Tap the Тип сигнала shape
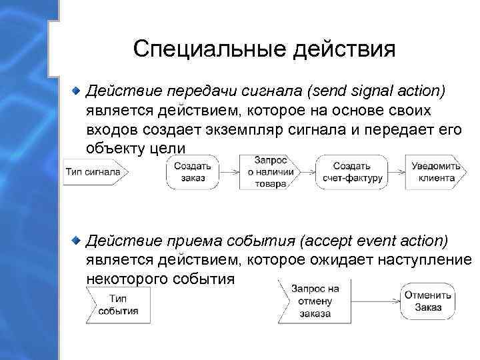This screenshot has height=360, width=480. pyautogui.click(x=93, y=171)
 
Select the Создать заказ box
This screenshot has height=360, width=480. pyautogui.click(x=193, y=171)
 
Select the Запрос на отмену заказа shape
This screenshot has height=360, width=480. pyautogui.click(x=315, y=299)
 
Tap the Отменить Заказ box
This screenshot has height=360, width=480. pyautogui.click(x=427, y=299)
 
